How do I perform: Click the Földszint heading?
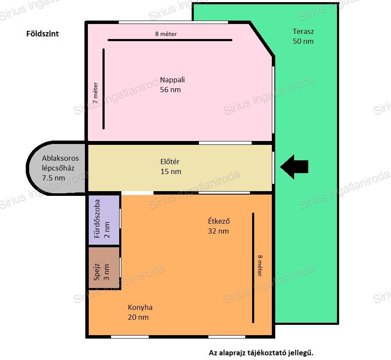[x=42, y=34]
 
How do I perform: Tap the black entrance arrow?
[x=294, y=167]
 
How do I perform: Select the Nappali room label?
[x=172, y=80]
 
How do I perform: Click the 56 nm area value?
[x=170, y=90]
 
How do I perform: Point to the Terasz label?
[x=303, y=31]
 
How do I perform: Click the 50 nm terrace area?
[x=303, y=42]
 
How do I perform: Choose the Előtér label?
[x=170, y=162]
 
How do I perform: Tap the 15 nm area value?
[x=171, y=171]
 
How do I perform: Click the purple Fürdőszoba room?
[x=104, y=220]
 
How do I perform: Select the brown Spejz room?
[x=104, y=267]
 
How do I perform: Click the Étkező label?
[x=219, y=221]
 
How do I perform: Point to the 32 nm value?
[x=219, y=231]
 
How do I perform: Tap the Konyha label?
[x=140, y=307]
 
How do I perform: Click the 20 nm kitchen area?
[x=138, y=318]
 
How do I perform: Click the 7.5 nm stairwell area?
[x=53, y=178]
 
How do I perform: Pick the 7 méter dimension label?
[x=95, y=93]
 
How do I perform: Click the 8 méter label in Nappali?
[x=166, y=34]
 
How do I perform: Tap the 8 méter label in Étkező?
[x=260, y=266]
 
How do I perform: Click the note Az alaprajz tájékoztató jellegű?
[x=261, y=353]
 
